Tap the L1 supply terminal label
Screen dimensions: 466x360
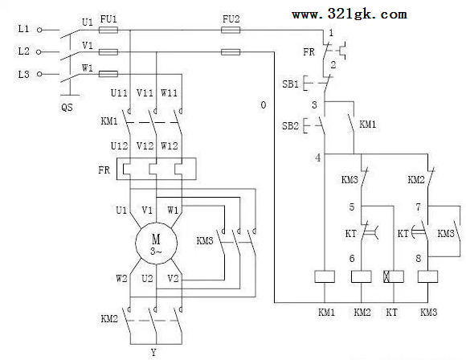click(x=23, y=29)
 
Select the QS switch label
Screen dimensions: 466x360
click(x=67, y=107)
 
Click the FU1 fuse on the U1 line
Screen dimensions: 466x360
click(x=108, y=30)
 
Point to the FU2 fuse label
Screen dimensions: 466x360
click(x=231, y=19)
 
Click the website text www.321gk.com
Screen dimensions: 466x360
click(x=349, y=14)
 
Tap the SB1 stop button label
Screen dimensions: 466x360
click(x=290, y=84)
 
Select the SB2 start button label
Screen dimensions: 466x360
click(x=290, y=126)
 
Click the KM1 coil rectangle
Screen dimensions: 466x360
click(x=325, y=276)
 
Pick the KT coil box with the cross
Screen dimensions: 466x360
click(x=394, y=276)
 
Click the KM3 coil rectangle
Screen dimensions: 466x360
click(x=427, y=276)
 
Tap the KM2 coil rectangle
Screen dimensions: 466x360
click(x=362, y=276)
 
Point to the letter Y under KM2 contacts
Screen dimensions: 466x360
click(x=153, y=353)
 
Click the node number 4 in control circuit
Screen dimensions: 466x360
click(x=318, y=157)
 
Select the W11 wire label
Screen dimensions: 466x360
click(x=169, y=93)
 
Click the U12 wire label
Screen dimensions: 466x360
click(x=119, y=146)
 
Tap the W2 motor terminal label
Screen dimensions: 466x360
click(x=121, y=279)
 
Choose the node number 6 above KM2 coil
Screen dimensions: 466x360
click(x=352, y=258)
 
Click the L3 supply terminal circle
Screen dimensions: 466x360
click(x=39, y=74)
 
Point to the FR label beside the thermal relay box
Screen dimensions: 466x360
click(x=104, y=170)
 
